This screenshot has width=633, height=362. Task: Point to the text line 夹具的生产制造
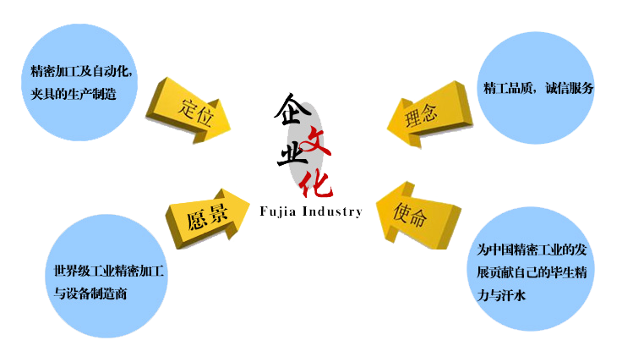click(x=71, y=91)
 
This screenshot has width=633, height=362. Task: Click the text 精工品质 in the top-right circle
click(x=505, y=88)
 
